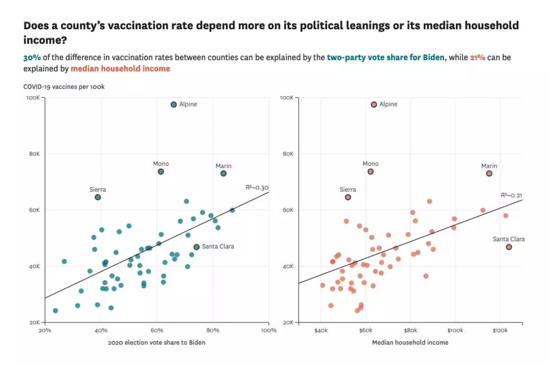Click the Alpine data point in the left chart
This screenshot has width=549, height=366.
[x=174, y=105]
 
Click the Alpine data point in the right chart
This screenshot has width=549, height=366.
[x=374, y=105]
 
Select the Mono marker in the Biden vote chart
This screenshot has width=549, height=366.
[x=161, y=172]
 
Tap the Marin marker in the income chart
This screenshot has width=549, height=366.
[x=489, y=173]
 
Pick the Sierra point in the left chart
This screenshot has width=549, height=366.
[x=98, y=197]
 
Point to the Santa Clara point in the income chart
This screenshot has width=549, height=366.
[x=508, y=247]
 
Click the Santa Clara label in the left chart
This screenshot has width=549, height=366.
[x=218, y=246]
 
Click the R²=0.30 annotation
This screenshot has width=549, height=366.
[x=257, y=187]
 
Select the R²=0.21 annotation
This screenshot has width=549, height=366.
[x=511, y=195]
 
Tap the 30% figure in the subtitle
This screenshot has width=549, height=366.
[x=31, y=58]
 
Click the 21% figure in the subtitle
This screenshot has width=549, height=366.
[x=478, y=58]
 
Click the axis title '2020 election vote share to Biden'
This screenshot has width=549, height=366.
[x=156, y=343]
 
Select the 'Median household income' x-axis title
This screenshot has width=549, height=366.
[x=410, y=343]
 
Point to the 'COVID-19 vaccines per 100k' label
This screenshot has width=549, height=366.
[x=63, y=86]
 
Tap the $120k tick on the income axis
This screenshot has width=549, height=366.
[x=500, y=331]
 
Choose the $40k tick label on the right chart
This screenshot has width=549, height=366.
[x=321, y=331]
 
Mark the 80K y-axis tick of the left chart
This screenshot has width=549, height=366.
[x=34, y=154]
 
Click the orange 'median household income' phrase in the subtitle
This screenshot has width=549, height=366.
[x=120, y=69]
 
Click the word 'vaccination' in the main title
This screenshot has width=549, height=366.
[x=154, y=26]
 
